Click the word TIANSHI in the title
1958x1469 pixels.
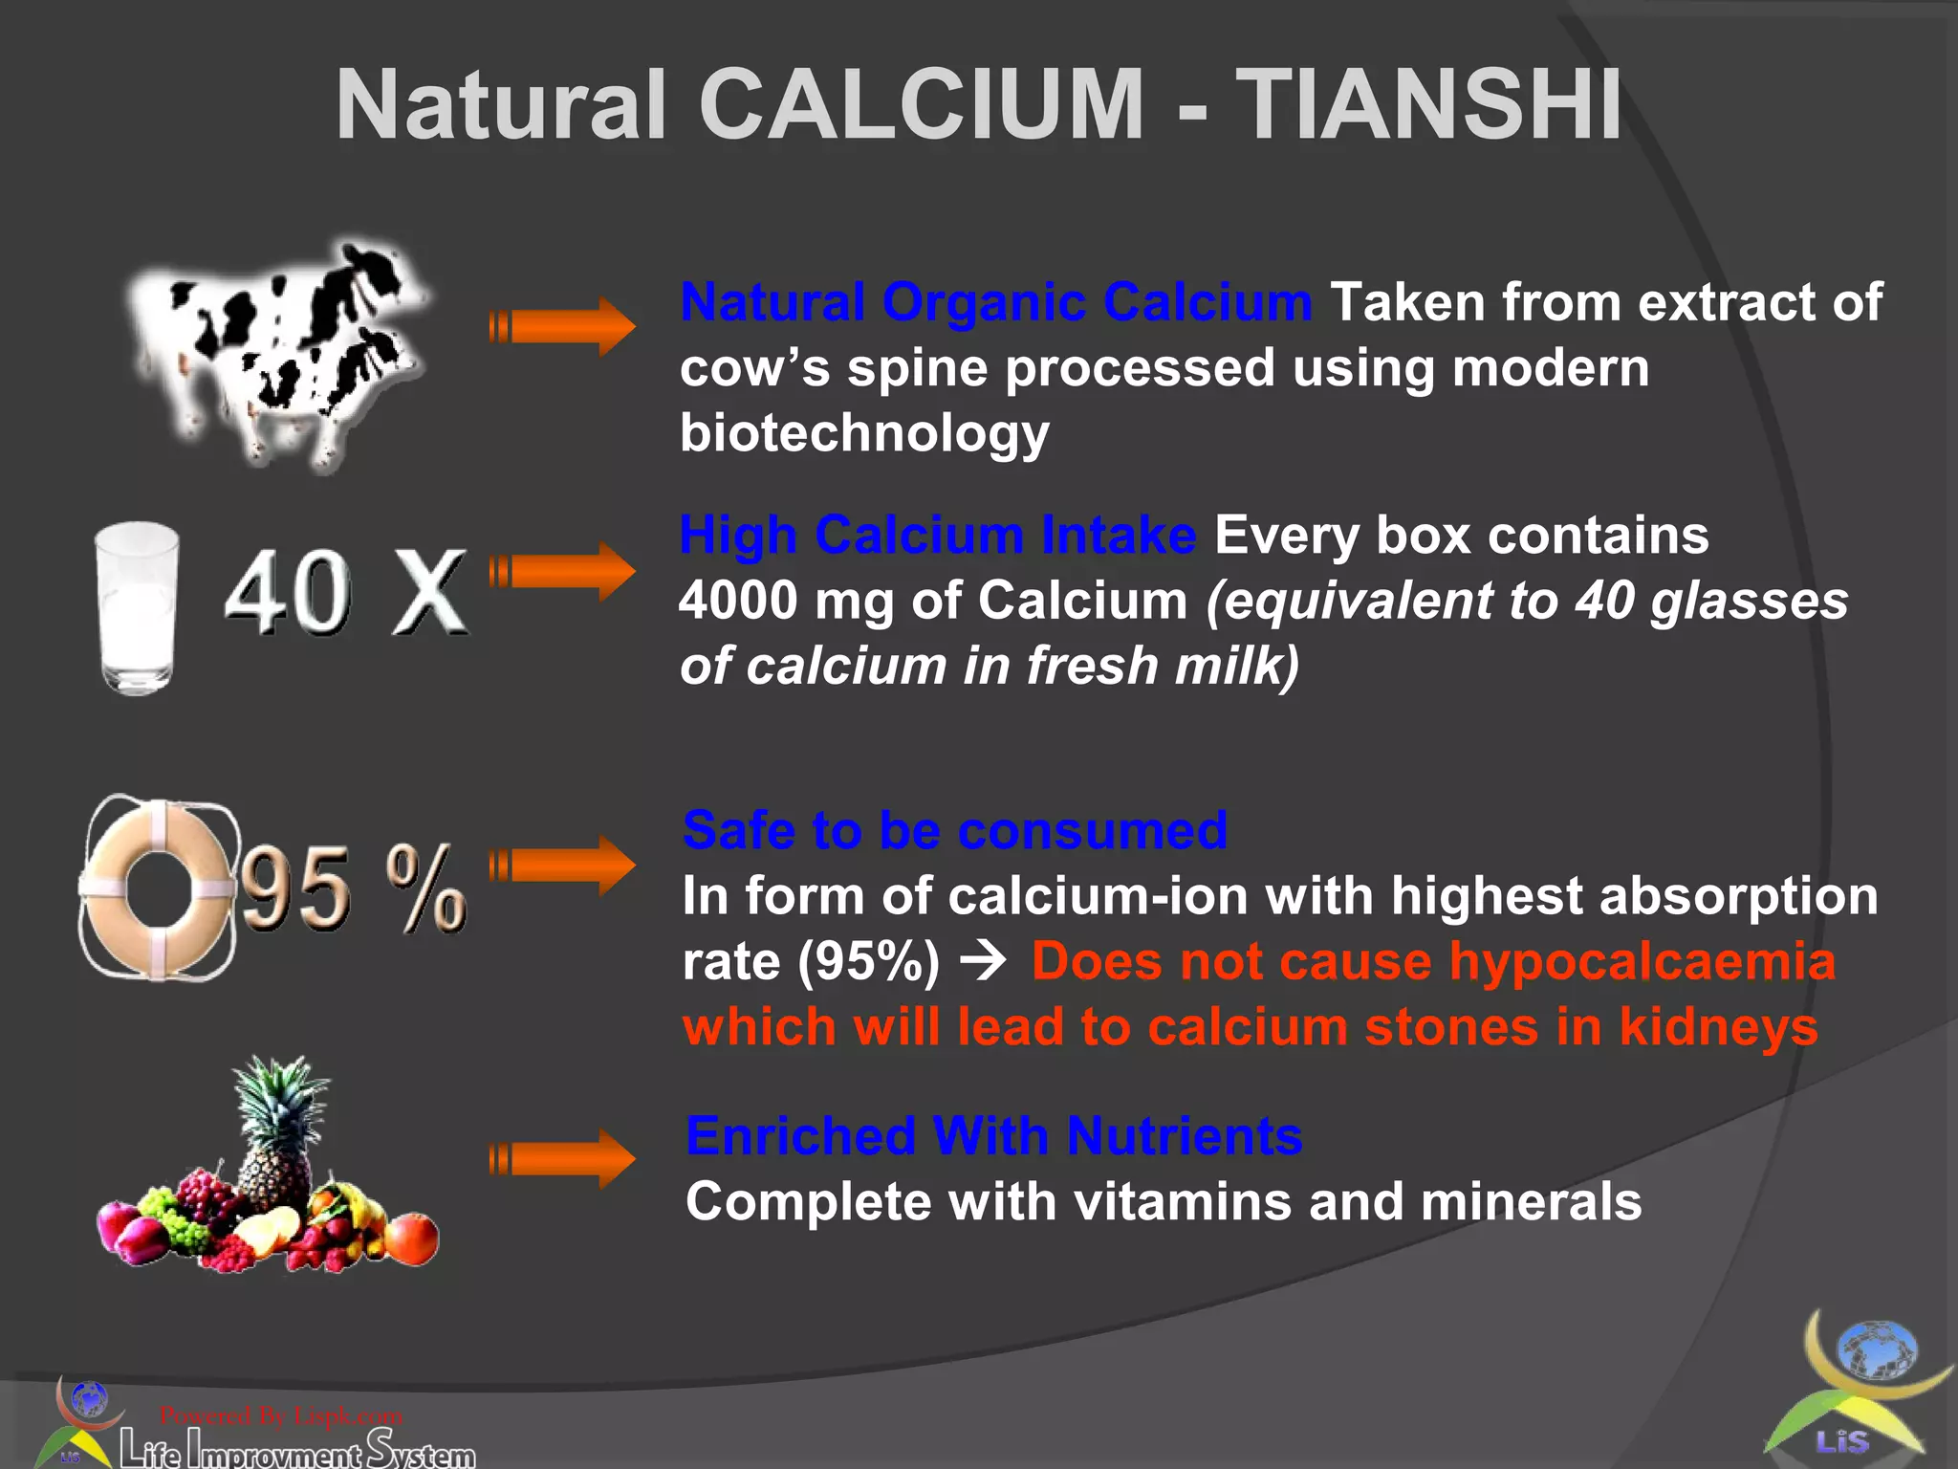pyautogui.click(x=1428, y=104)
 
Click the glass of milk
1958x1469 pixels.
pyautogui.click(x=138, y=606)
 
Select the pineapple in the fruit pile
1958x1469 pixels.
pyautogui.click(x=277, y=1129)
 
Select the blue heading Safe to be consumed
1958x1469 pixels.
pyautogui.click(x=954, y=830)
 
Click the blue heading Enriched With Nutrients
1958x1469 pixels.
pyautogui.click(x=993, y=1136)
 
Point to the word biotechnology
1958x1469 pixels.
pyautogui.click(x=864, y=433)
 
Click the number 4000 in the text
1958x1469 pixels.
pyautogui.click(x=738, y=601)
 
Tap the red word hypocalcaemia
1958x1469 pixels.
pyautogui.click(x=1642, y=961)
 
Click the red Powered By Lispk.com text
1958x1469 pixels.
pyautogui.click(x=281, y=1415)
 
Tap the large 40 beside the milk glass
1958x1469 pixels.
pyautogui.click(x=288, y=593)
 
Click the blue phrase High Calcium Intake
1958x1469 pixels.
pyautogui.click(x=937, y=535)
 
